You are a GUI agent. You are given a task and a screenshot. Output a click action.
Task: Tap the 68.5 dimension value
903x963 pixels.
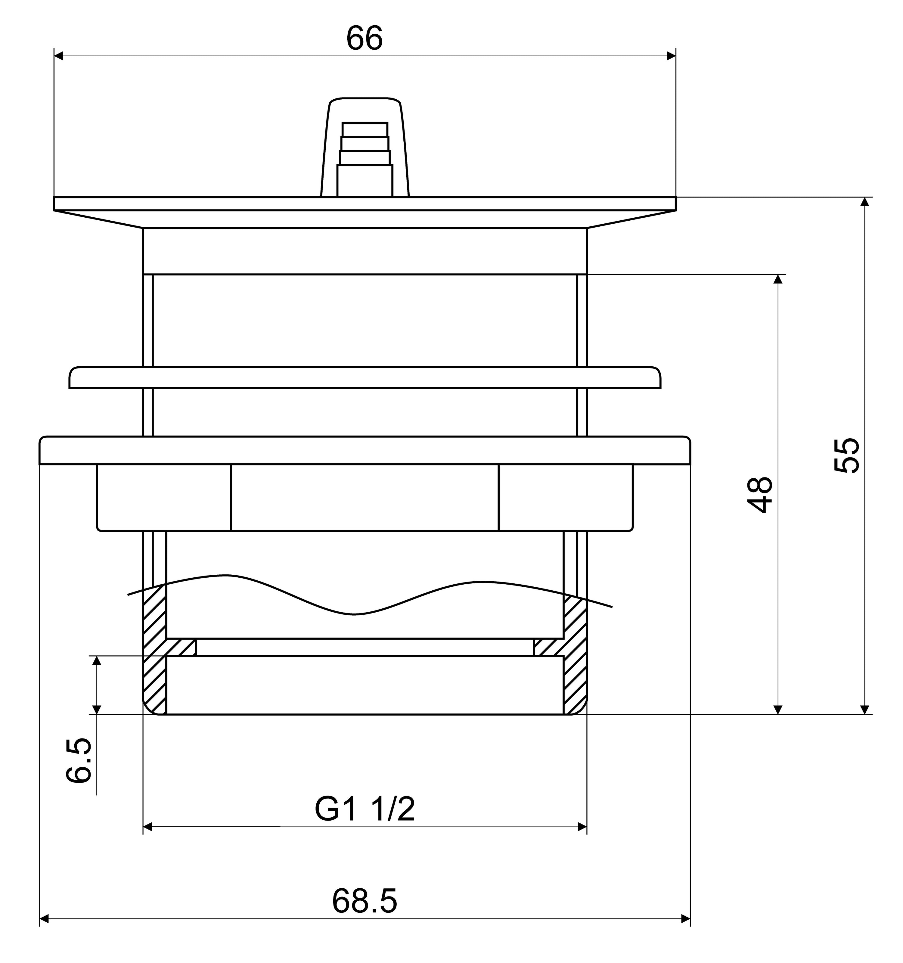[x=364, y=901]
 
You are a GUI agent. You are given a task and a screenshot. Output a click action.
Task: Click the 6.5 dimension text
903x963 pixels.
[x=79, y=760]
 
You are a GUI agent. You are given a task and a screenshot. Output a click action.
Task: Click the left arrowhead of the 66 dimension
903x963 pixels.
[x=59, y=56]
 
